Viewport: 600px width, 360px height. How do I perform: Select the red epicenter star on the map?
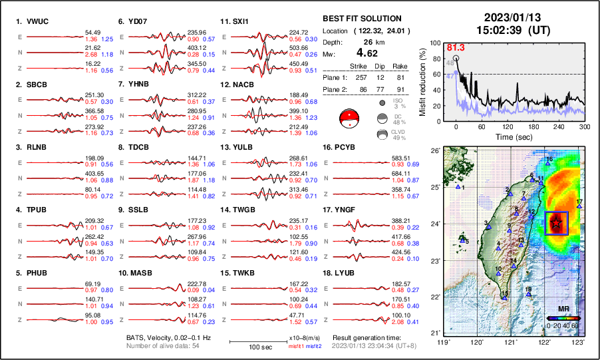tap(555, 224)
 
